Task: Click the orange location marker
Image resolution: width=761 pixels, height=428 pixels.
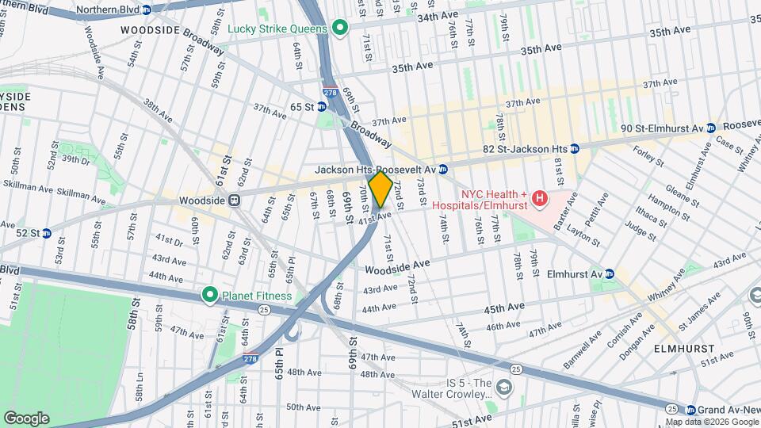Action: [x=380, y=189]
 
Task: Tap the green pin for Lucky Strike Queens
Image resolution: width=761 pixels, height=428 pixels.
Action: [x=340, y=29]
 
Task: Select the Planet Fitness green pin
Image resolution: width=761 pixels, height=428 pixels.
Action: [x=210, y=296]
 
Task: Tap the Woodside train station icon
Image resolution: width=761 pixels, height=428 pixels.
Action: [x=234, y=201]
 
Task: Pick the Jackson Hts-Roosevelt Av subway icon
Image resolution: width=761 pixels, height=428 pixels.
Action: [x=444, y=169]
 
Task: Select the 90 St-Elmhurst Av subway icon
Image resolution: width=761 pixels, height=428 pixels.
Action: [x=711, y=128]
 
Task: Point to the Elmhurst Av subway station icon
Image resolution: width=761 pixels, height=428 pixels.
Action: [x=610, y=274]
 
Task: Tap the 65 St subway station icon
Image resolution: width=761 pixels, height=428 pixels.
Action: [x=323, y=106]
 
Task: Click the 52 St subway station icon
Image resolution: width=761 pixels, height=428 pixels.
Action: [x=46, y=233]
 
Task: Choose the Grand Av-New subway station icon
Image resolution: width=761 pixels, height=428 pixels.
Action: [x=690, y=410]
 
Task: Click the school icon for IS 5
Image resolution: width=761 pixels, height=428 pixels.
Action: [x=504, y=387]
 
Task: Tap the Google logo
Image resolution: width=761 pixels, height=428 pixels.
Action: [x=26, y=418]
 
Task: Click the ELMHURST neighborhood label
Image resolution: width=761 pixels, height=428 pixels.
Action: [x=685, y=348]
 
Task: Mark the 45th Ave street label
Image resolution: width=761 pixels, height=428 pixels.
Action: [x=506, y=307]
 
